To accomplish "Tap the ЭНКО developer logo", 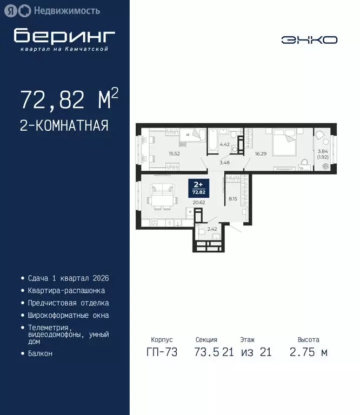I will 309,39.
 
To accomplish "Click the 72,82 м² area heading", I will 69,99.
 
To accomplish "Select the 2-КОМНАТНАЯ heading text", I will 64,126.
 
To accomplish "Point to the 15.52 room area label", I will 174,153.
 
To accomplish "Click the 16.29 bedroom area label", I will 261,153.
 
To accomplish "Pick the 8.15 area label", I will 233,199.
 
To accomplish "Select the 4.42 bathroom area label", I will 224,144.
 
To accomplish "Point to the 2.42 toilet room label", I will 212,229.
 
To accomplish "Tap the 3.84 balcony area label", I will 323,151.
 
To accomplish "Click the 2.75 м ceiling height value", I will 309,353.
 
